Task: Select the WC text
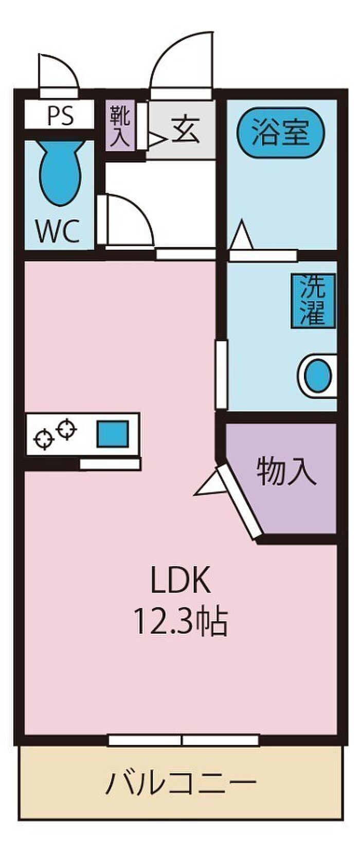(x=58, y=230)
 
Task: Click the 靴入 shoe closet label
(x=120, y=126)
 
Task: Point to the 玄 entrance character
(x=186, y=130)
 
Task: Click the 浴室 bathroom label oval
(x=281, y=132)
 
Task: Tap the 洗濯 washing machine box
(x=313, y=301)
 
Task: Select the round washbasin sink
(x=318, y=376)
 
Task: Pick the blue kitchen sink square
(x=112, y=434)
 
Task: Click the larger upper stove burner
(x=67, y=429)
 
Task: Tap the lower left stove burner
(x=44, y=438)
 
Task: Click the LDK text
(x=181, y=579)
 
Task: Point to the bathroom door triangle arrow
(x=242, y=235)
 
